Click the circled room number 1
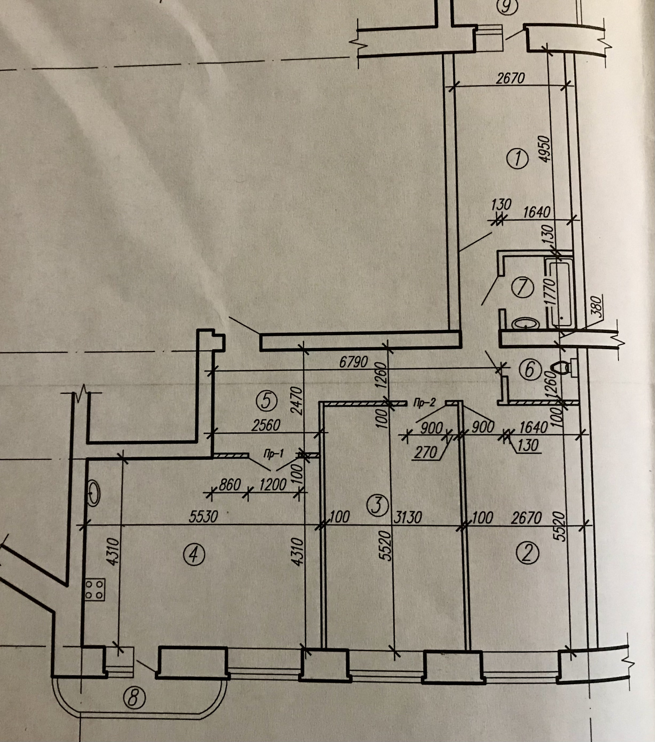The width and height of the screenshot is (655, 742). (517, 159)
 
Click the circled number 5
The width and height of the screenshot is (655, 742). (266, 402)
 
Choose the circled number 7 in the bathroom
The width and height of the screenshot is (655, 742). (522, 288)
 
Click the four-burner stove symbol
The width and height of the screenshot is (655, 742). (95, 589)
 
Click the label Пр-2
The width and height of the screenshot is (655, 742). (424, 403)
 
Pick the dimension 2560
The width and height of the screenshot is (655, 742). (266, 425)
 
